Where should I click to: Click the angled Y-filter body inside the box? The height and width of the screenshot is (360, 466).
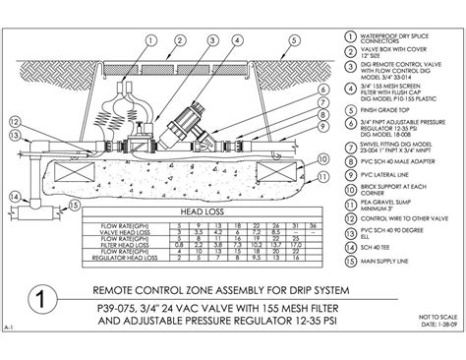(182, 122)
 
